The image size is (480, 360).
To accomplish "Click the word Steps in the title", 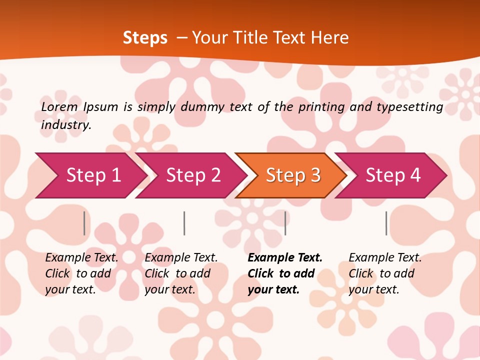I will point(145,38).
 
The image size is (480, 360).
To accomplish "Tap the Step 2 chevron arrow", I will point(193,175).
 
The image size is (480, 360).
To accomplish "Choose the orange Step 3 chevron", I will point(293,175).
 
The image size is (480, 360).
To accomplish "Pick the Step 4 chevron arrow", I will point(393,175).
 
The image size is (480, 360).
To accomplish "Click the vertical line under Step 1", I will point(84,223).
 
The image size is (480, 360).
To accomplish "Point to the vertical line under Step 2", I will point(184,223).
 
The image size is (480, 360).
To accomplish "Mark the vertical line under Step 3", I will point(285,223).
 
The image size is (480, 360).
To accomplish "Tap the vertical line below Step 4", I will point(386,223).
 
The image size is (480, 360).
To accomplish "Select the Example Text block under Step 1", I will point(81,273).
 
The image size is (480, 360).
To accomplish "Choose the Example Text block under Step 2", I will point(181,273).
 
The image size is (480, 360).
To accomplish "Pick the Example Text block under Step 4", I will point(385,273).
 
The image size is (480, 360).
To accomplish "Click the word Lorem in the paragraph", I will point(59,106).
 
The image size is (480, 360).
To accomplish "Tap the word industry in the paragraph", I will point(66,125).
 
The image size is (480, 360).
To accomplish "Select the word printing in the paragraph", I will point(321,107).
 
